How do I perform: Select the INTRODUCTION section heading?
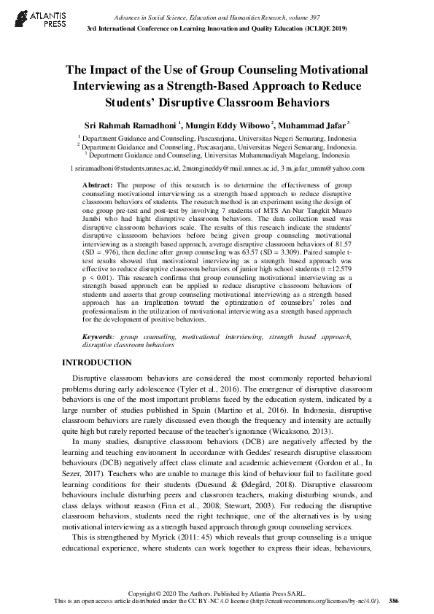[96, 362]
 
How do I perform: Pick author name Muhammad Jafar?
[311, 125]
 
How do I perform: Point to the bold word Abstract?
[97, 187]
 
